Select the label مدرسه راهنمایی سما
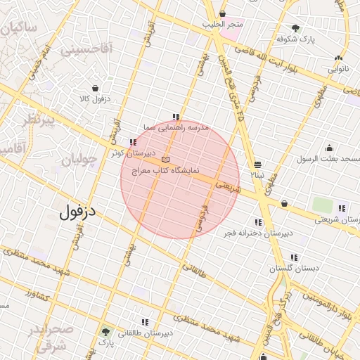pos(175,128)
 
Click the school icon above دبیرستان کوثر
pos(133,142)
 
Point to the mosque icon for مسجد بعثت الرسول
pos(329,148)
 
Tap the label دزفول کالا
pos(94,98)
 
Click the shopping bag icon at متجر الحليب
pos(223,14)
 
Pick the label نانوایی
pos(337,70)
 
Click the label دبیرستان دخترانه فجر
pos(257,232)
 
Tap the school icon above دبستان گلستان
pos(293,258)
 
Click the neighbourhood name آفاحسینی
pos(86,50)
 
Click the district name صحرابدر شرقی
pos(53,337)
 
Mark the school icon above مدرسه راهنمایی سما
pos(175,117)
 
